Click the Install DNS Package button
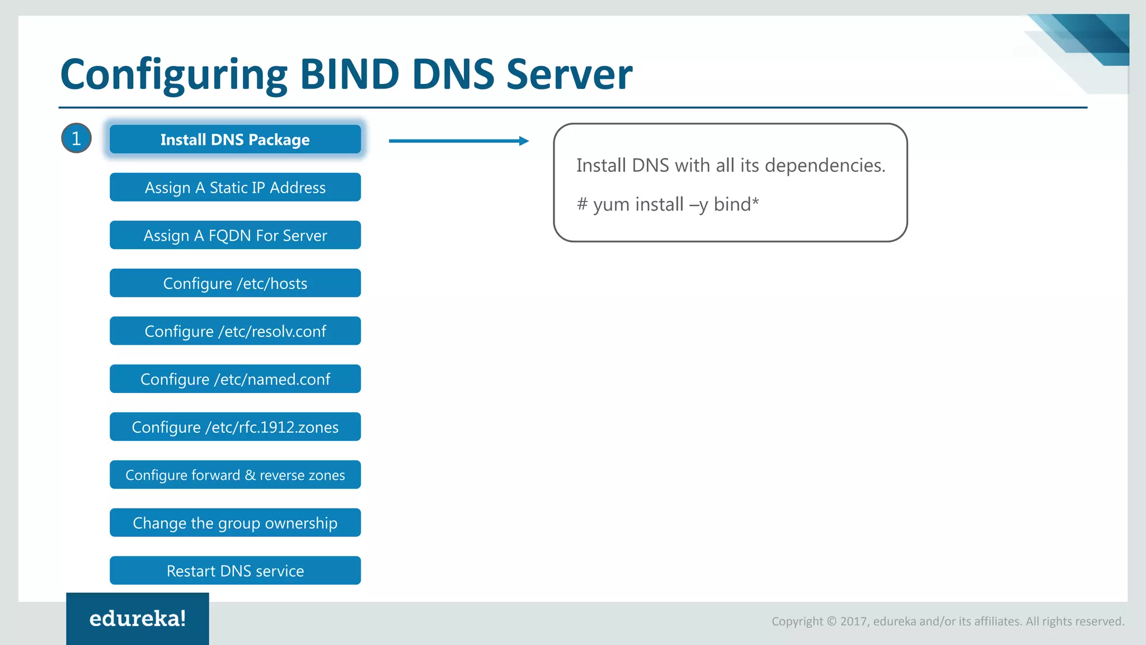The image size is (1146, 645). click(x=235, y=139)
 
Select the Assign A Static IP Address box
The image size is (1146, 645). click(x=235, y=188)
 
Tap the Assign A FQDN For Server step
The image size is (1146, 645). click(x=235, y=235)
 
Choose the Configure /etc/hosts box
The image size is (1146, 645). click(x=235, y=283)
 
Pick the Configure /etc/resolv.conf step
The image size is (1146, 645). click(x=235, y=331)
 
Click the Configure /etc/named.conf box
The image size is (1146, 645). click(x=235, y=379)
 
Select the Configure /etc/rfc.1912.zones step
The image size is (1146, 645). click(x=235, y=427)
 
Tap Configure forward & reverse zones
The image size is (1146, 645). click(x=235, y=475)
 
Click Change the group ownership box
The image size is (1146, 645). click(x=235, y=523)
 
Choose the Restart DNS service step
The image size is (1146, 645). click(x=235, y=571)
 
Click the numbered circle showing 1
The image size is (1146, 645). click(x=76, y=138)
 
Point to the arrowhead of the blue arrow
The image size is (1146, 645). click(x=524, y=141)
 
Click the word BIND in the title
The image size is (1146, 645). click(x=350, y=74)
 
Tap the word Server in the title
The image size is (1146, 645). click(x=569, y=74)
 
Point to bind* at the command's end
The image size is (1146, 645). click(x=736, y=204)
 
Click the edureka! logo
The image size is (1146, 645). click(x=138, y=619)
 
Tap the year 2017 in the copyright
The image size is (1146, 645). click(x=853, y=621)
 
